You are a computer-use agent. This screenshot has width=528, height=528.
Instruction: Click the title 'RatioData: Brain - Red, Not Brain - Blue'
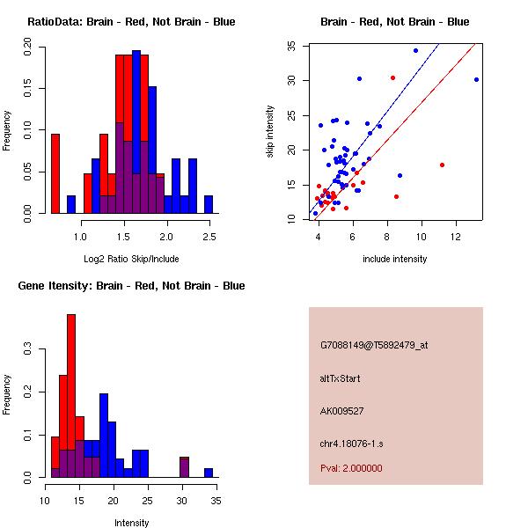(131, 22)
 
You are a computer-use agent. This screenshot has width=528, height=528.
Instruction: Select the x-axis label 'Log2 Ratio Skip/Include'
(131, 259)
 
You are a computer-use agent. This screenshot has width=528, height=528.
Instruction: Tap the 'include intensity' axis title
(394, 259)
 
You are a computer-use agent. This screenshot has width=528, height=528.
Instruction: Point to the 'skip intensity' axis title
(270, 131)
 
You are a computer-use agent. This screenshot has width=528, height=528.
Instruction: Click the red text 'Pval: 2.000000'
(351, 468)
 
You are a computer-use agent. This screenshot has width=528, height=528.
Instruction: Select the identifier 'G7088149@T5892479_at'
(374, 345)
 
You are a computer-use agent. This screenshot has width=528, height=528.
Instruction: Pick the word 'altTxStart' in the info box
(340, 378)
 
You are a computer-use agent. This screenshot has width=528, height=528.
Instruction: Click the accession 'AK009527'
(341, 411)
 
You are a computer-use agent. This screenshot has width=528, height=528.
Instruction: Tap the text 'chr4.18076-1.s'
(351, 444)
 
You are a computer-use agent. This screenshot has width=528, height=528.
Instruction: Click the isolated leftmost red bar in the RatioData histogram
(55, 173)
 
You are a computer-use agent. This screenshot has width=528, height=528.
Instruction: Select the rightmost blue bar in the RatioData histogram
(209, 204)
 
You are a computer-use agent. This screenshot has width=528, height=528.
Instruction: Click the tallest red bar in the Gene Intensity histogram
(71, 396)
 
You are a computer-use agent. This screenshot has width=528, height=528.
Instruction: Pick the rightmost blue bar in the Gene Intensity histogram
(209, 473)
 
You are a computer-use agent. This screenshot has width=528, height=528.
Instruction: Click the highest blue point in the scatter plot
(416, 50)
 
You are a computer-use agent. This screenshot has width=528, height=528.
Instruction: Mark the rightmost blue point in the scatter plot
(476, 79)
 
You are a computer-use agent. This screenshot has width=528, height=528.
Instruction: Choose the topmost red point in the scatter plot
(393, 77)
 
